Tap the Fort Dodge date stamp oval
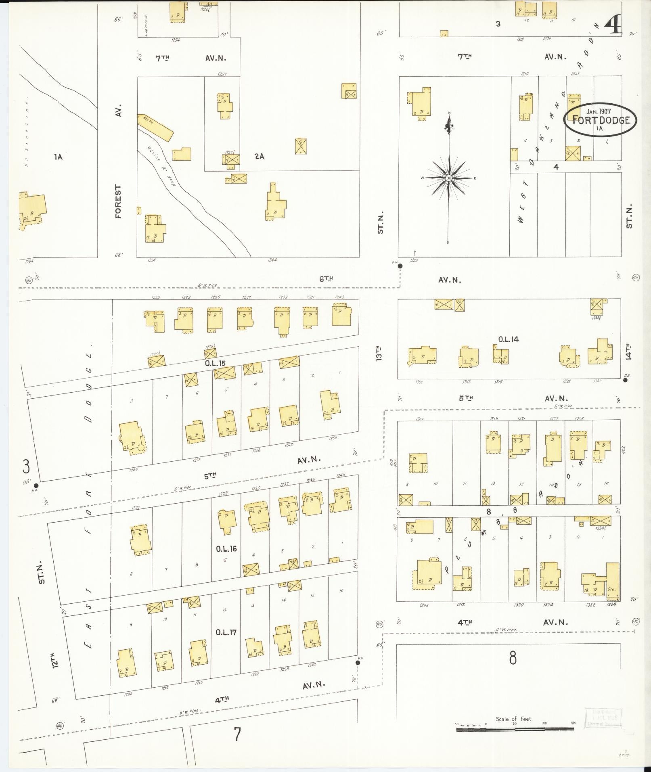(601, 119)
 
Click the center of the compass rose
(449, 178)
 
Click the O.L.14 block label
(508, 339)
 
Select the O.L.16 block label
(226, 549)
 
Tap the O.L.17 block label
(226, 632)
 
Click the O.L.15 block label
(214, 363)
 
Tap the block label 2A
(260, 157)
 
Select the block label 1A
(58, 157)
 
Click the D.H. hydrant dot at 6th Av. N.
(400, 266)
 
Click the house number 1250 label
(333, 438)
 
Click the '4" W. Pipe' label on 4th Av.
(507, 630)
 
